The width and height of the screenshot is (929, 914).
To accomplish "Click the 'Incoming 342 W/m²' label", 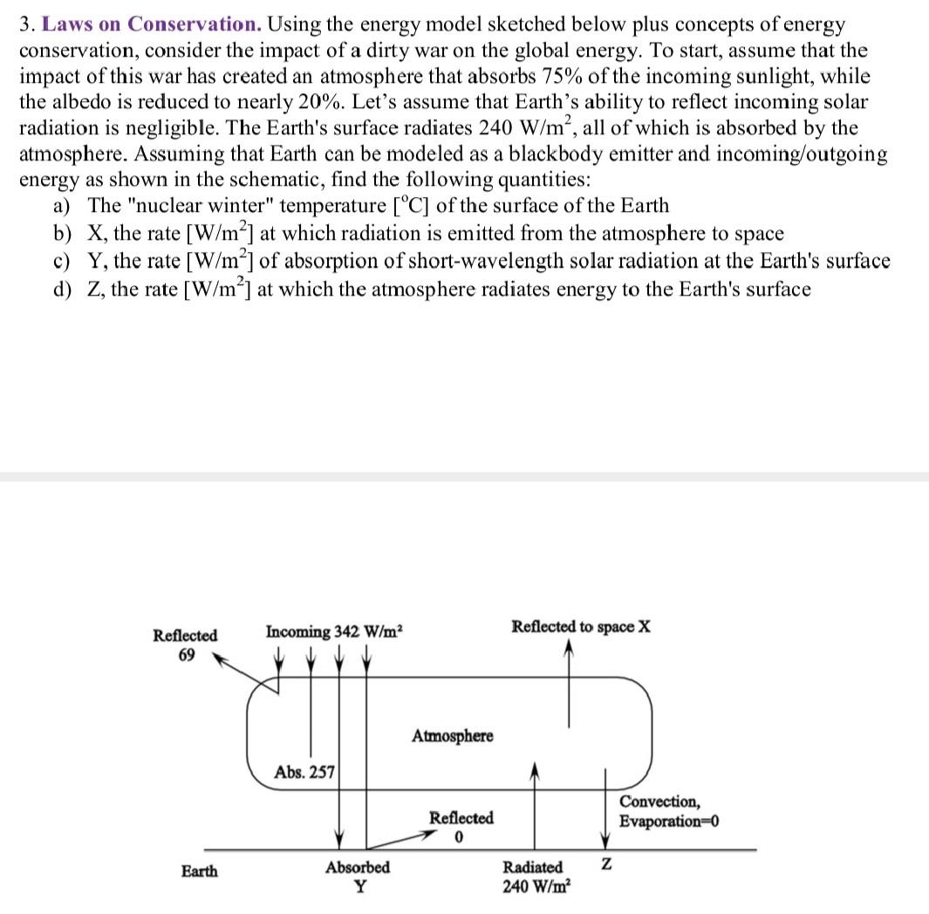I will pyautogui.click(x=332, y=631).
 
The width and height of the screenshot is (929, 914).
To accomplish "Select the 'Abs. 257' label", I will pyautogui.click(x=304, y=772).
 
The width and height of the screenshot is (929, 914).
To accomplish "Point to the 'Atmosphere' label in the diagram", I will pyautogui.click(x=452, y=736).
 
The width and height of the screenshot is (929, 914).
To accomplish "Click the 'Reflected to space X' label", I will pyautogui.click(x=580, y=627).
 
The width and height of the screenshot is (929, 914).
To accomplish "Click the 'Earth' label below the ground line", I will pyautogui.click(x=200, y=870).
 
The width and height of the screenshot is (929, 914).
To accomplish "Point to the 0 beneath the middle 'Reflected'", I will pyautogui.click(x=458, y=837).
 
